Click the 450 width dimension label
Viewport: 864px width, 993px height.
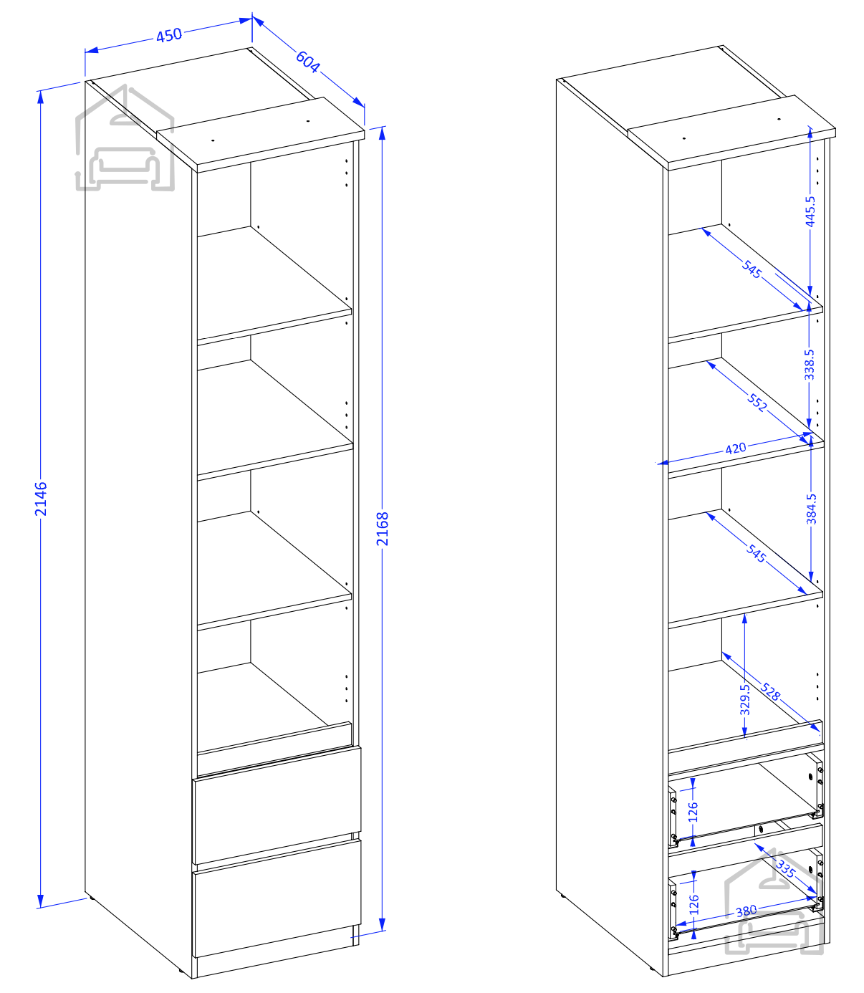(169, 35)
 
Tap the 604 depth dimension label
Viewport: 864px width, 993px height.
(307, 62)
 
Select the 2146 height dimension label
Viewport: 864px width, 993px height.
(41, 499)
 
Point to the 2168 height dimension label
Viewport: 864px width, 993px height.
(383, 529)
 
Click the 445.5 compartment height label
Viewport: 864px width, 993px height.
(810, 211)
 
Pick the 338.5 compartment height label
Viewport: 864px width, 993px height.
(809, 365)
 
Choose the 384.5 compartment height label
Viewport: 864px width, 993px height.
(811, 509)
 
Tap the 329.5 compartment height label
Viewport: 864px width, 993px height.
(744, 699)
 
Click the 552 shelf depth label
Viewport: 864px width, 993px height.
(757, 403)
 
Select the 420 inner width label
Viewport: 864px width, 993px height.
(736, 448)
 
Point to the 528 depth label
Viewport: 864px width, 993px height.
(770, 691)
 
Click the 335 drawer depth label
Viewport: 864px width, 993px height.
(785, 868)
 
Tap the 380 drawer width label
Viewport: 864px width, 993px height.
(746, 911)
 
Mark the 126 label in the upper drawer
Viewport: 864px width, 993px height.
(693, 812)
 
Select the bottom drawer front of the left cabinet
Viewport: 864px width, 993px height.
(277, 898)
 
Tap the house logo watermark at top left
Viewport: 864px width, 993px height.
(125, 138)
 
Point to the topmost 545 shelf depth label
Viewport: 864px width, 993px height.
(752, 269)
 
